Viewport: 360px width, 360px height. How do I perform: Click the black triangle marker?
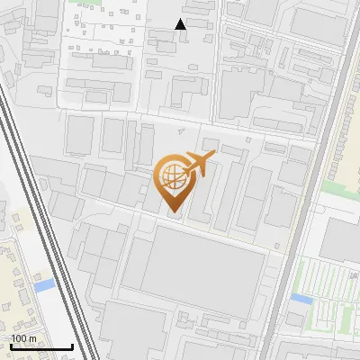tap(181, 24)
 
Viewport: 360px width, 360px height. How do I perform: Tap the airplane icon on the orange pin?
tap(200, 164)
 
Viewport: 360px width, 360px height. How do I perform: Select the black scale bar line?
tap(41, 346)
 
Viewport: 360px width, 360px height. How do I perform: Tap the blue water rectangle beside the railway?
tap(43, 285)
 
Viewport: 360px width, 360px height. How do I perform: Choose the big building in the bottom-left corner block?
tap(135, 328)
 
